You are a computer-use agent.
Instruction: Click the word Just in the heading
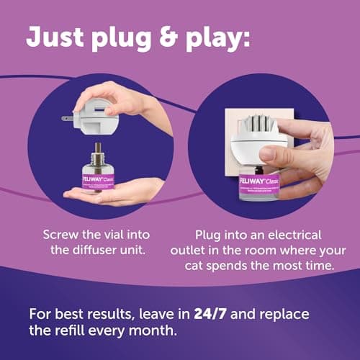click(x=55, y=37)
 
